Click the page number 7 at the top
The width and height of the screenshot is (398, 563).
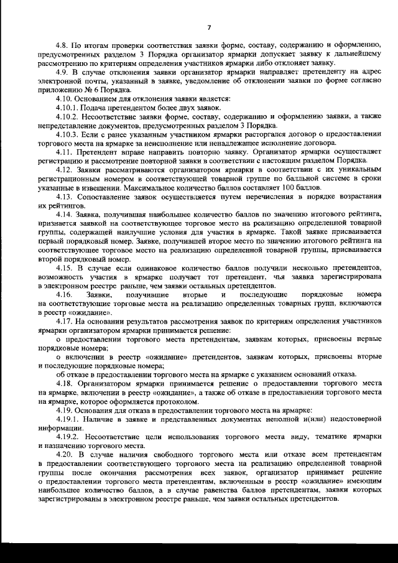pyautogui.click(x=209, y=27)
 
